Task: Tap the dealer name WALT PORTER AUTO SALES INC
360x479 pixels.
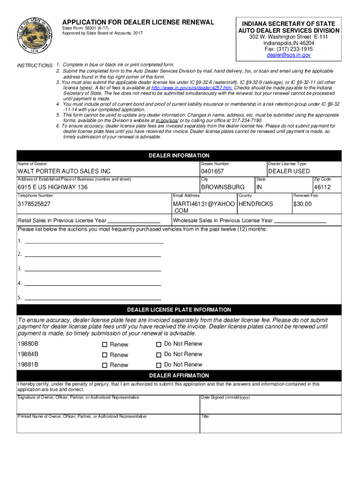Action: pyautogui.click(x=64, y=172)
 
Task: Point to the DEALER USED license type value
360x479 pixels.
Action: pyautogui.click(x=288, y=172)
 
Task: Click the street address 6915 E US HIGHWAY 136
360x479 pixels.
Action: pyautogui.click(x=52, y=187)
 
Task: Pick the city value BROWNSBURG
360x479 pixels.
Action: pyautogui.click(x=223, y=187)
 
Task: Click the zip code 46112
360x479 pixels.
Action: pyautogui.click(x=322, y=187)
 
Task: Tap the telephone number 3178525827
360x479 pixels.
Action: pyautogui.click(x=34, y=204)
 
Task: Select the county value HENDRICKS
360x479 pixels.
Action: pyautogui.click(x=256, y=204)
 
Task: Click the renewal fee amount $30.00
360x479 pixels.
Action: pyautogui.click(x=302, y=204)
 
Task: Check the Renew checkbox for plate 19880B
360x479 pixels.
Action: pyautogui.click(x=105, y=345)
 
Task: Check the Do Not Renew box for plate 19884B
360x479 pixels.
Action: pyautogui.click(x=159, y=355)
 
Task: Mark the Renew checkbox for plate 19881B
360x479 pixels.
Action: pyautogui.click(x=105, y=365)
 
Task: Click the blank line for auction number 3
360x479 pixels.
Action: pyautogui.click(x=93, y=269)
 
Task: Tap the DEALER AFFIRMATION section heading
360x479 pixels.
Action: pyautogui.click(x=179, y=376)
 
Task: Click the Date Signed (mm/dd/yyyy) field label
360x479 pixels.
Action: pyautogui.click(x=225, y=398)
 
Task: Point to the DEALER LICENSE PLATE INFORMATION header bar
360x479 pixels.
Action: pyautogui.click(x=179, y=310)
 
